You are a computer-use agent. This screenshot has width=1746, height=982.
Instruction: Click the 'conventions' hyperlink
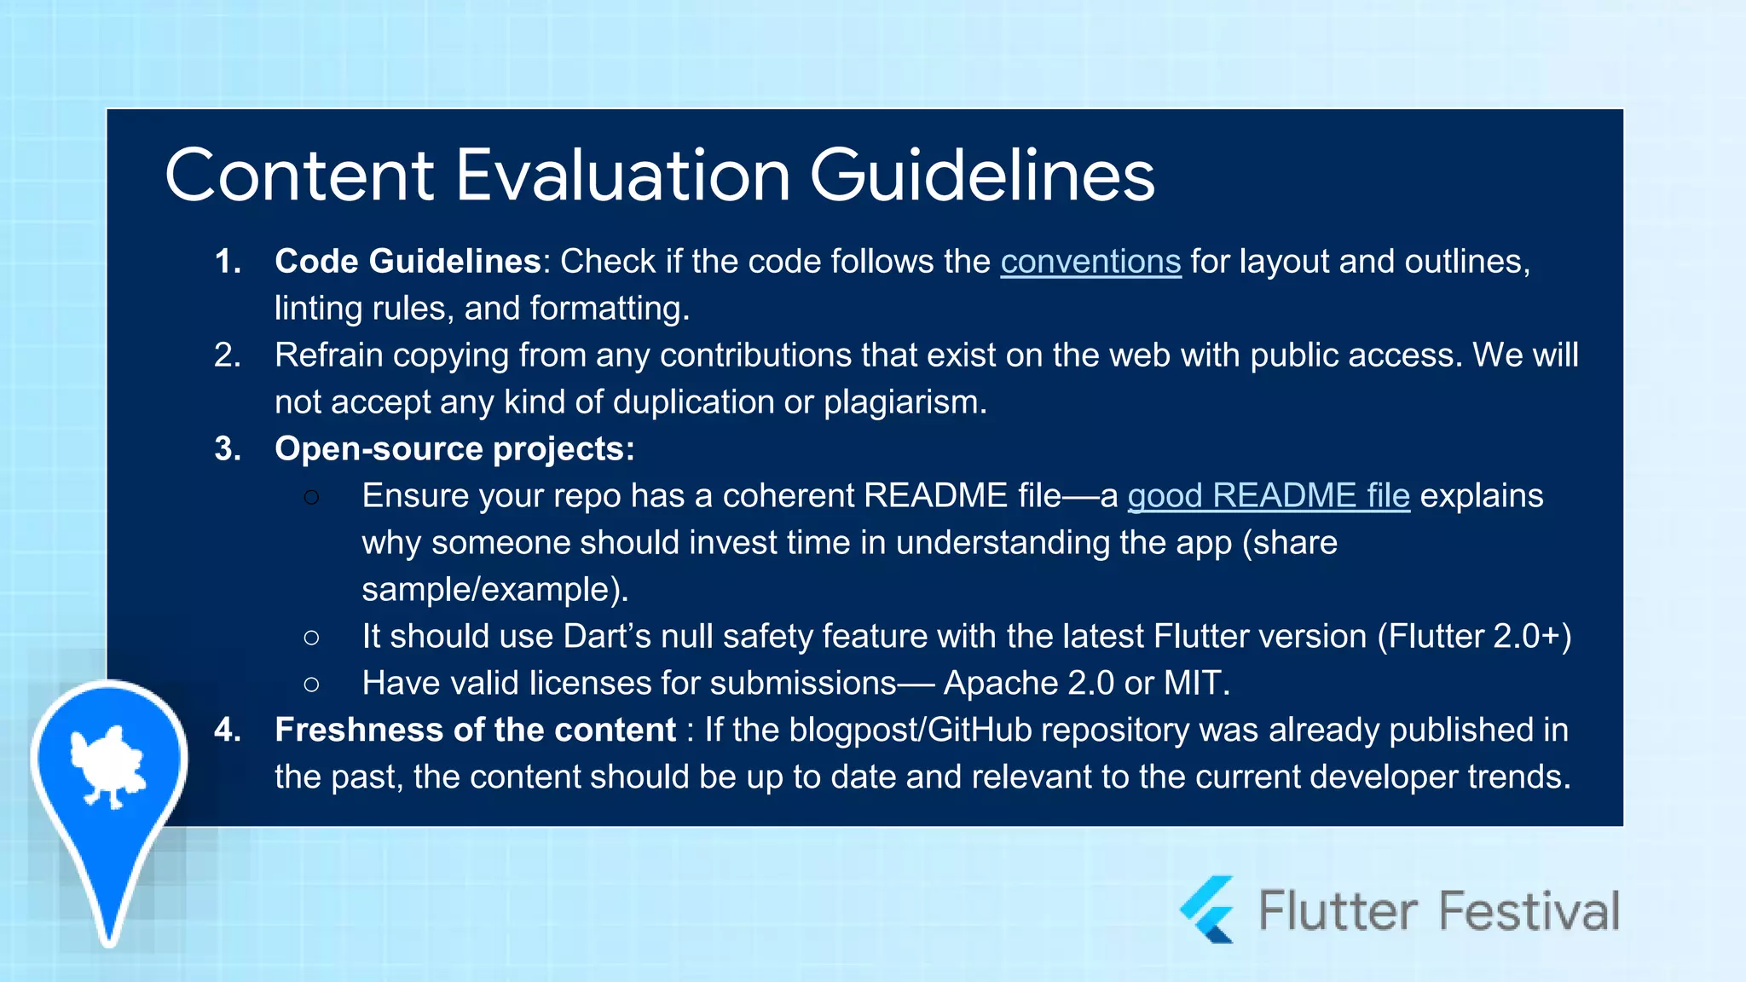tap(1090, 263)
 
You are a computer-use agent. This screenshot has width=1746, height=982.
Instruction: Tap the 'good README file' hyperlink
tap(1268, 496)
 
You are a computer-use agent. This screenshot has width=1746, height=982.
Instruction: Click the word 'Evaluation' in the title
tap(623, 176)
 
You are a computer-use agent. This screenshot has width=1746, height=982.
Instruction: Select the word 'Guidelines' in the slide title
tap(981, 176)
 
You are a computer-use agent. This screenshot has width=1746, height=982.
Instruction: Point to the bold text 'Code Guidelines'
tap(408, 262)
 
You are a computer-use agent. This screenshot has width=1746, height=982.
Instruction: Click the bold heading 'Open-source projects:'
tap(454, 449)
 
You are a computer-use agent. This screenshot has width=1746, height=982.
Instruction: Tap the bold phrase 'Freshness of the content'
tap(475, 731)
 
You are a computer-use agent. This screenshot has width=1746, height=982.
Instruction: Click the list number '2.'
tap(227, 355)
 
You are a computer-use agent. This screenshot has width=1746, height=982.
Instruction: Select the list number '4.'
tap(227, 731)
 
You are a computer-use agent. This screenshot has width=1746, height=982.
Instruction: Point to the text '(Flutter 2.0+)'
tap(1474, 637)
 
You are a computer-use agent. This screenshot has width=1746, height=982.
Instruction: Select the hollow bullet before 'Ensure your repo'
tap(311, 497)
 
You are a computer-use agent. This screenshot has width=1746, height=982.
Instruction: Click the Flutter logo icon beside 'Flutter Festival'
tap(1209, 910)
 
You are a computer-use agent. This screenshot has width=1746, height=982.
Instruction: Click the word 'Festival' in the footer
tap(1529, 911)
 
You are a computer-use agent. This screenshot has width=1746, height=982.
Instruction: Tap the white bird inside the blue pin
tap(108, 765)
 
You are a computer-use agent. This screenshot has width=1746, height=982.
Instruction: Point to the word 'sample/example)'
tap(494, 590)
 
